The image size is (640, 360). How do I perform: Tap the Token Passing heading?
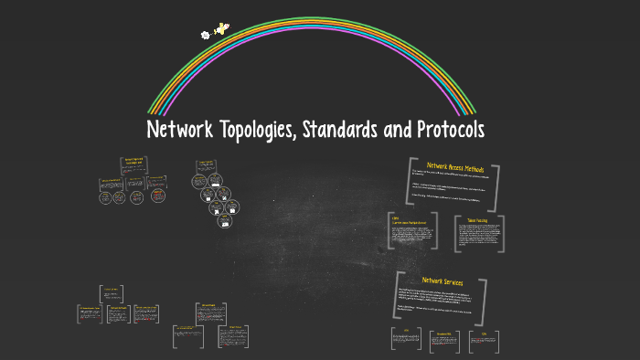[x=477, y=221]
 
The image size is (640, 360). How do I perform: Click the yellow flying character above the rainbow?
[x=220, y=30]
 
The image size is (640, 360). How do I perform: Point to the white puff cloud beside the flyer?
[x=205, y=36]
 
